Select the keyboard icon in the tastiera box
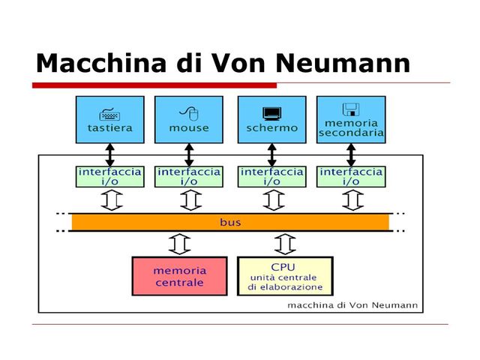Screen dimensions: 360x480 (109, 114)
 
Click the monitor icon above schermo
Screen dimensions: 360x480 (271, 114)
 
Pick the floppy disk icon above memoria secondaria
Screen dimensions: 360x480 (350, 109)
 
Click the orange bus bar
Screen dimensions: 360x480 (231, 222)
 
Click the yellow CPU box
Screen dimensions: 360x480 (285, 276)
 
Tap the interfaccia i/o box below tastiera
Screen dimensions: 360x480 (109, 176)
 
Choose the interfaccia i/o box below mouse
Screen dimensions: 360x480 (189, 176)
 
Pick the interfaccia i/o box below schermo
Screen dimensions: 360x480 (271, 176)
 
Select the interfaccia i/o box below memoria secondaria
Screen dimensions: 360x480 (350, 176)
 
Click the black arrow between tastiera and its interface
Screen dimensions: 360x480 (109, 154)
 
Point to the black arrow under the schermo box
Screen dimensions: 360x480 (271, 154)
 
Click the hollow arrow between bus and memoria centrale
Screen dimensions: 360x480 (180, 244)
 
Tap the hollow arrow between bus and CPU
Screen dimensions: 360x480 (285, 244)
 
